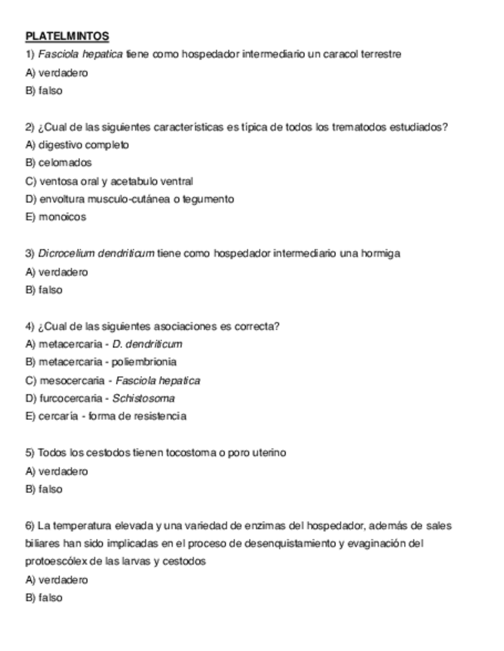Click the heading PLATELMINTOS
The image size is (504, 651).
click(67, 36)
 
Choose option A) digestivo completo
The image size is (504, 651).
click(77, 145)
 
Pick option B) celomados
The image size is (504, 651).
click(58, 163)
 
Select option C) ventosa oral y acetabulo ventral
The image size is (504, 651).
click(109, 181)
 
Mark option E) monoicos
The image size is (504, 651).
click(56, 217)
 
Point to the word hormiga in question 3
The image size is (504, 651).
click(381, 253)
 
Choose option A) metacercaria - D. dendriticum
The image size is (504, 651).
click(104, 344)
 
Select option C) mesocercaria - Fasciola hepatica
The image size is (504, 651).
click(113, 381)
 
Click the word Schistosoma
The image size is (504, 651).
click(144, 398)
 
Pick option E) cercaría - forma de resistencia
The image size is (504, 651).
click(106, 417)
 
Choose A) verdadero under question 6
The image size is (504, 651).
click(57, 580)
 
